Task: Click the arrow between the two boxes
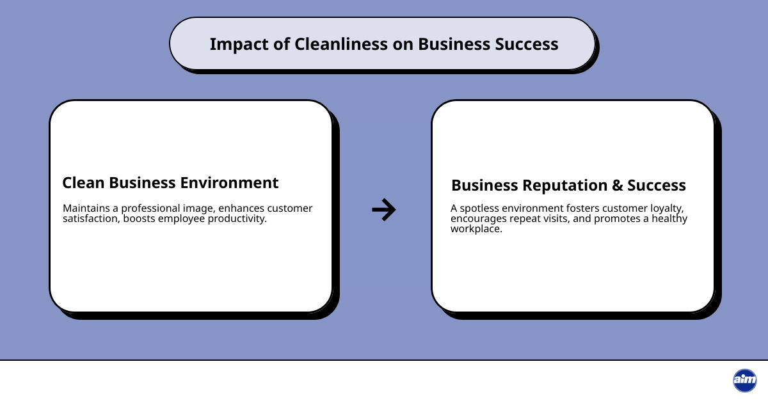pyautogui.click(x=384, y=209)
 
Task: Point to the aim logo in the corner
pyautogui.click(x=744, y=381)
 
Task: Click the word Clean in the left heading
pyautogui.click(x=83, y=183)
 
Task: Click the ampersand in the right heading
pyautogui.click(x=617, y=186)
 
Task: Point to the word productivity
pyautogui.click(x=236, y=219)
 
